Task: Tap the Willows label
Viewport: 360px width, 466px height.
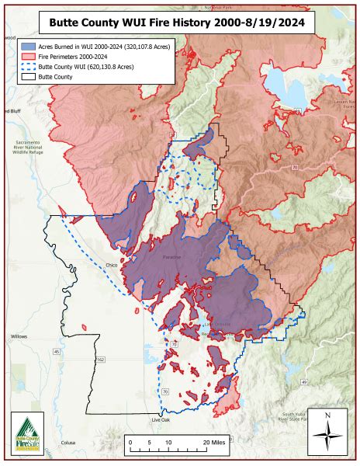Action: [19, 336]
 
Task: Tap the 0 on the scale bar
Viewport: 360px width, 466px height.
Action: [130, 441]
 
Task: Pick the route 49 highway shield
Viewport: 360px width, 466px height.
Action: [305, 383]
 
